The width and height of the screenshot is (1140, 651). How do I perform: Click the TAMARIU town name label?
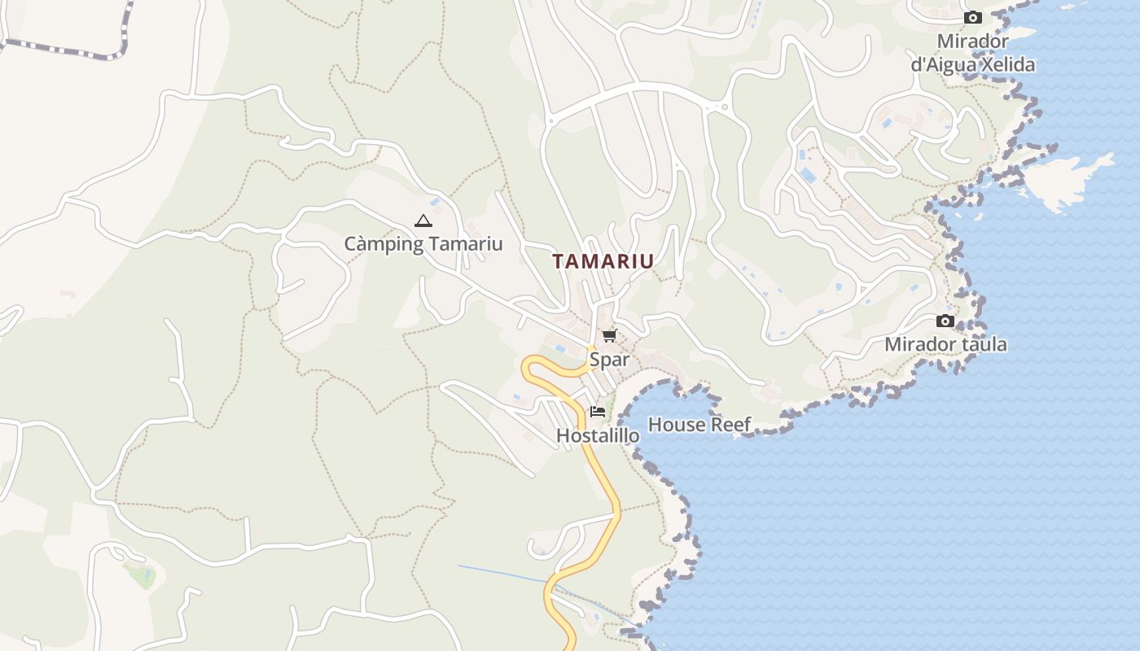pos(603,261)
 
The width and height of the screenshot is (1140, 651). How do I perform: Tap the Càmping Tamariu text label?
pos(423,243)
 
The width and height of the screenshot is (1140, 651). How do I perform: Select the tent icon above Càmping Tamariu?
pos(423,221)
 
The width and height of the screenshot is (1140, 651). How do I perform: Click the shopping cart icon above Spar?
pos(610,335)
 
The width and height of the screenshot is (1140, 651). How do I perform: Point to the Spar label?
pos(610,359)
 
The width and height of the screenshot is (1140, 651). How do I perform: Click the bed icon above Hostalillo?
pos(598,412)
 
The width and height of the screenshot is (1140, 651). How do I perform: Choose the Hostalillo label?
pos(598,435)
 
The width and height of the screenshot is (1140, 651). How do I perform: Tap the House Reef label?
pos(699,424)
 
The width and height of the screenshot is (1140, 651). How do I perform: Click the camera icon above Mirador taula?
pos(945,321)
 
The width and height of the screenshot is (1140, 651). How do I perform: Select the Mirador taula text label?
pos(945,344)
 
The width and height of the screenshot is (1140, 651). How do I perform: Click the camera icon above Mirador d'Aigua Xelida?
pos(972,18)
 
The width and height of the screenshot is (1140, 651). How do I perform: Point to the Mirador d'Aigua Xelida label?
pos(972,53)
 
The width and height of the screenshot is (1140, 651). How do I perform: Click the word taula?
pos(982,344)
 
